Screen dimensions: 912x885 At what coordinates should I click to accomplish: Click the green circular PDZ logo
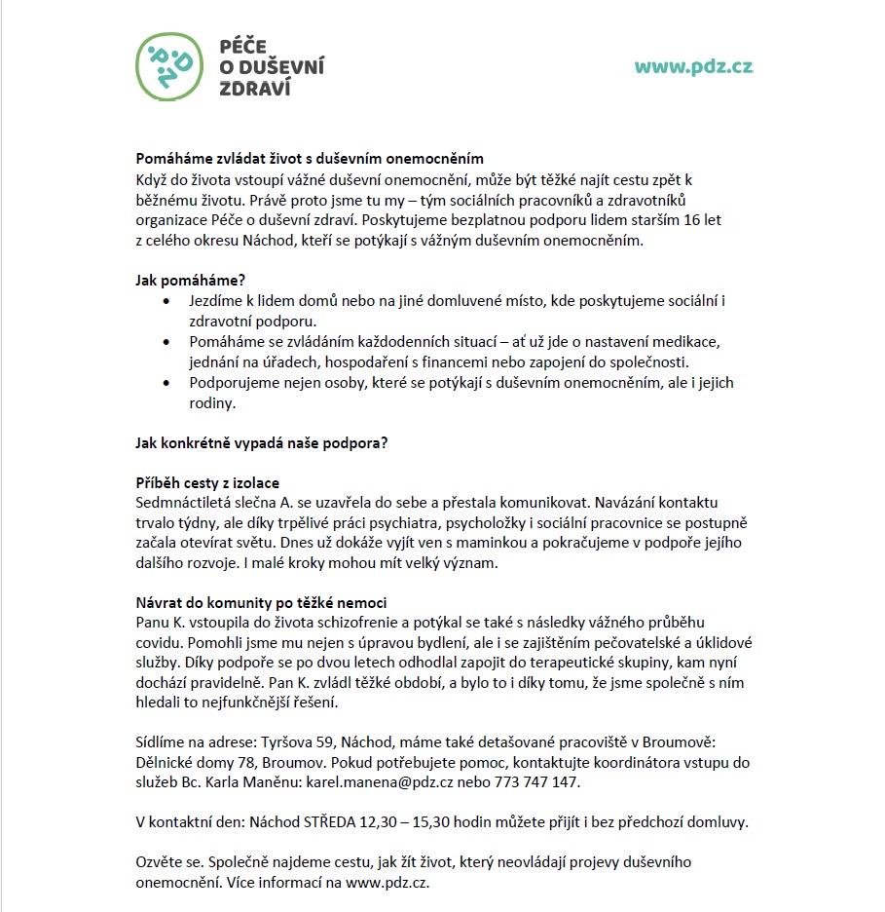click(170, 66)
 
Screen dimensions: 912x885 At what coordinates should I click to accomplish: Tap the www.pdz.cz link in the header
click(693, 66)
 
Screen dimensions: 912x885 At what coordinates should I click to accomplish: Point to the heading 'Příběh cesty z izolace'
click(207, 483)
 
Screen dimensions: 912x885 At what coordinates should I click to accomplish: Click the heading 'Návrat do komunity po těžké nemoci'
click(261, 603)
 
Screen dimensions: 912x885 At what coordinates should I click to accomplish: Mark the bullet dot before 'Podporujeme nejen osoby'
click(169, 383)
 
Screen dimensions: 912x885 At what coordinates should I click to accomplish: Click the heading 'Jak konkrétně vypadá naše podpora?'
click(261, 443)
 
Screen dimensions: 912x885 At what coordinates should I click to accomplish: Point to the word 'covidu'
click(156, 642)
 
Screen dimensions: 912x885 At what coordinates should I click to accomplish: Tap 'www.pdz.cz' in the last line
click(387, 883)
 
